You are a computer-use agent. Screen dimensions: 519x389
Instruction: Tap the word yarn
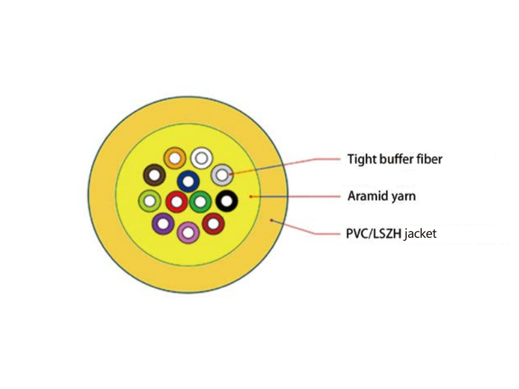404,197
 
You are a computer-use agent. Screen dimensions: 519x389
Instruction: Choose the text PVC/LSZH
374,233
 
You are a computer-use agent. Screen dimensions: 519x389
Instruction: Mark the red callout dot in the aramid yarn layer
251,196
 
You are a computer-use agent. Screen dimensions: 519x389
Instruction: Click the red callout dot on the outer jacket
271,220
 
